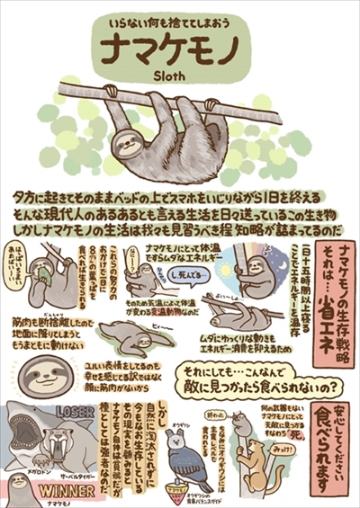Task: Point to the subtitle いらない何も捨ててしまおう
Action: (180, 18)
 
